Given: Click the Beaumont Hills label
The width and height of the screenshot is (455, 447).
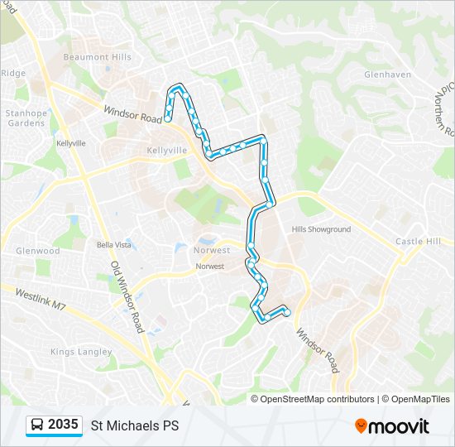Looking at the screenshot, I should (x=97, y=57).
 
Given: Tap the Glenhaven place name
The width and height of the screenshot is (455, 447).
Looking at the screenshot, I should (x=387, y=74).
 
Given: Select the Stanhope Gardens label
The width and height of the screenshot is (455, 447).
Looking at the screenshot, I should (x=25, y=118).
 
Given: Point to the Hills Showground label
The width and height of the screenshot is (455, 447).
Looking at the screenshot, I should (x=321, y=229).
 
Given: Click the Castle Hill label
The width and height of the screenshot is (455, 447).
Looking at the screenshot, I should (x=418, y=241).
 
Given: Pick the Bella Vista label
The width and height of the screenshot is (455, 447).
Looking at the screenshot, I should (x=114, y=245).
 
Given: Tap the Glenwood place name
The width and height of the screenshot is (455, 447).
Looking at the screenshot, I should (x=38, y=251).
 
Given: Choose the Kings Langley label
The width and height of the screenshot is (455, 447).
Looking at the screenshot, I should (x=80, y=352).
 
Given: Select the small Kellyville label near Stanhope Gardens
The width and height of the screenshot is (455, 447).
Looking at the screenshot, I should (x=71, y=143).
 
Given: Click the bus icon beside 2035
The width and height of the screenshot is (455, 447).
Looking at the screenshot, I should (x=37, y=425).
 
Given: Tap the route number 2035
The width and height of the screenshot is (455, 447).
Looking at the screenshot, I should (x=64, y=425).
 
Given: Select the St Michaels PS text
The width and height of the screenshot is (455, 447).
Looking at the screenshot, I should (x=134, y=426).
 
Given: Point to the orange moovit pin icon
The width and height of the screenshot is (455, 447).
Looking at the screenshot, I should (x=361, y=426).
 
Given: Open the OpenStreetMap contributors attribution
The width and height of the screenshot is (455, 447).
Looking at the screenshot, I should (x=317, y=399).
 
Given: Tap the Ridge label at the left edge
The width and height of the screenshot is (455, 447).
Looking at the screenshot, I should (x=13, y=73).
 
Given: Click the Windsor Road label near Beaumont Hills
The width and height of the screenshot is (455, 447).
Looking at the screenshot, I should (x=132, y=114).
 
